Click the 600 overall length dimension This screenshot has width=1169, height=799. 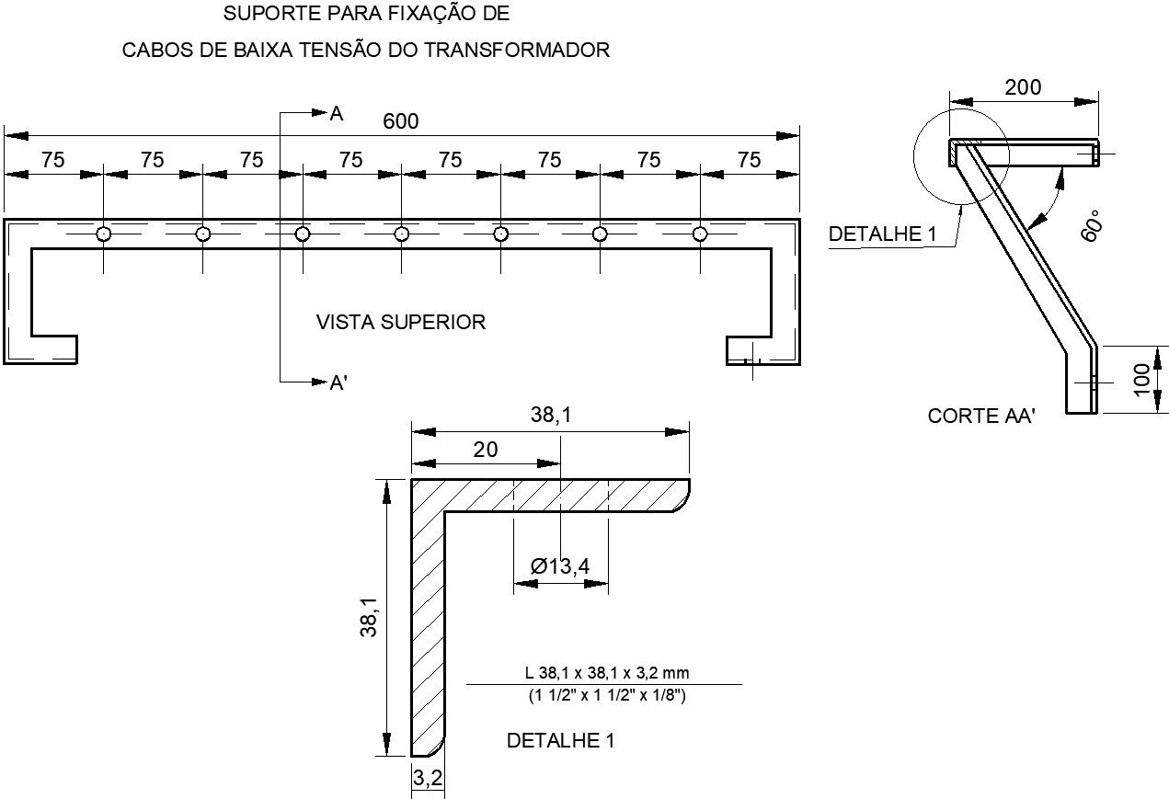[401, 121]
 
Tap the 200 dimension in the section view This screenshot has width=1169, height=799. [1023, 87]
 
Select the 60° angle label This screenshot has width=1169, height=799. [1092, 223]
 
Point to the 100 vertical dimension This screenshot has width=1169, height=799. [1141, 380]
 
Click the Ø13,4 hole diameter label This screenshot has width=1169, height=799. [560, 566]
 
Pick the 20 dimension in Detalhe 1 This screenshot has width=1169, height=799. [485, 449]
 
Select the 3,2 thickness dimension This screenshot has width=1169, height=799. [428, 779]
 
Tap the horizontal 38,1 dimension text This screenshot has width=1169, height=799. [551, 416]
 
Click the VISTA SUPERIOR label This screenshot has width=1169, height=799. [401, 322]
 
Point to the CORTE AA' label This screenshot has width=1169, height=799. [981, 416]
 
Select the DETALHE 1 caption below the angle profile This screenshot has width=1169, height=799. [560, 740]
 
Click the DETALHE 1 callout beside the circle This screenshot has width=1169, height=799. [882, 234]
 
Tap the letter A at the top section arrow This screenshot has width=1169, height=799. [337, 114]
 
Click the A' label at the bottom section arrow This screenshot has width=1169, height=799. [338, 383]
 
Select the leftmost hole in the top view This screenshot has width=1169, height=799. [104, 234]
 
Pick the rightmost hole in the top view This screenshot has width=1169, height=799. [700, 234]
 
